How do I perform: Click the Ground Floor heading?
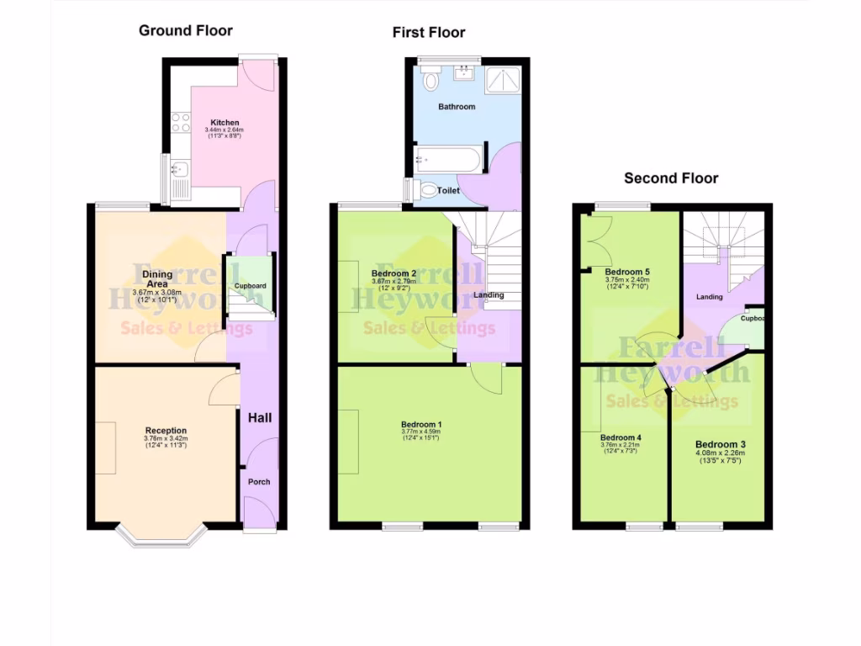point(185,31)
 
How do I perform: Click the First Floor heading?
point(428,33)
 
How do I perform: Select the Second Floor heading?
point(671,178)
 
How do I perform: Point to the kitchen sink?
point(178,173)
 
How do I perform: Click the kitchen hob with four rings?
point(180,123)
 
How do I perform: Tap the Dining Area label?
point(157,278)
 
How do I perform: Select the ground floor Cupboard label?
point(250,286)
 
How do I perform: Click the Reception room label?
point(166,431)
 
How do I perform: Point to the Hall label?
point(258,417)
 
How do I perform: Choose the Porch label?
point(258,482)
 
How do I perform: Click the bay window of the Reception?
point(161,537)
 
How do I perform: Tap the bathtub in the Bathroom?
point(449,159)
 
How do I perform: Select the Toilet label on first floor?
point(448,191)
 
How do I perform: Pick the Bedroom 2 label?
point(394,273)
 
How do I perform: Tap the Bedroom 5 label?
point(627,272)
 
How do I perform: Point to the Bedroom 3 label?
point(721,444)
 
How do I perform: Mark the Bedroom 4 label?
point(621,437)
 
